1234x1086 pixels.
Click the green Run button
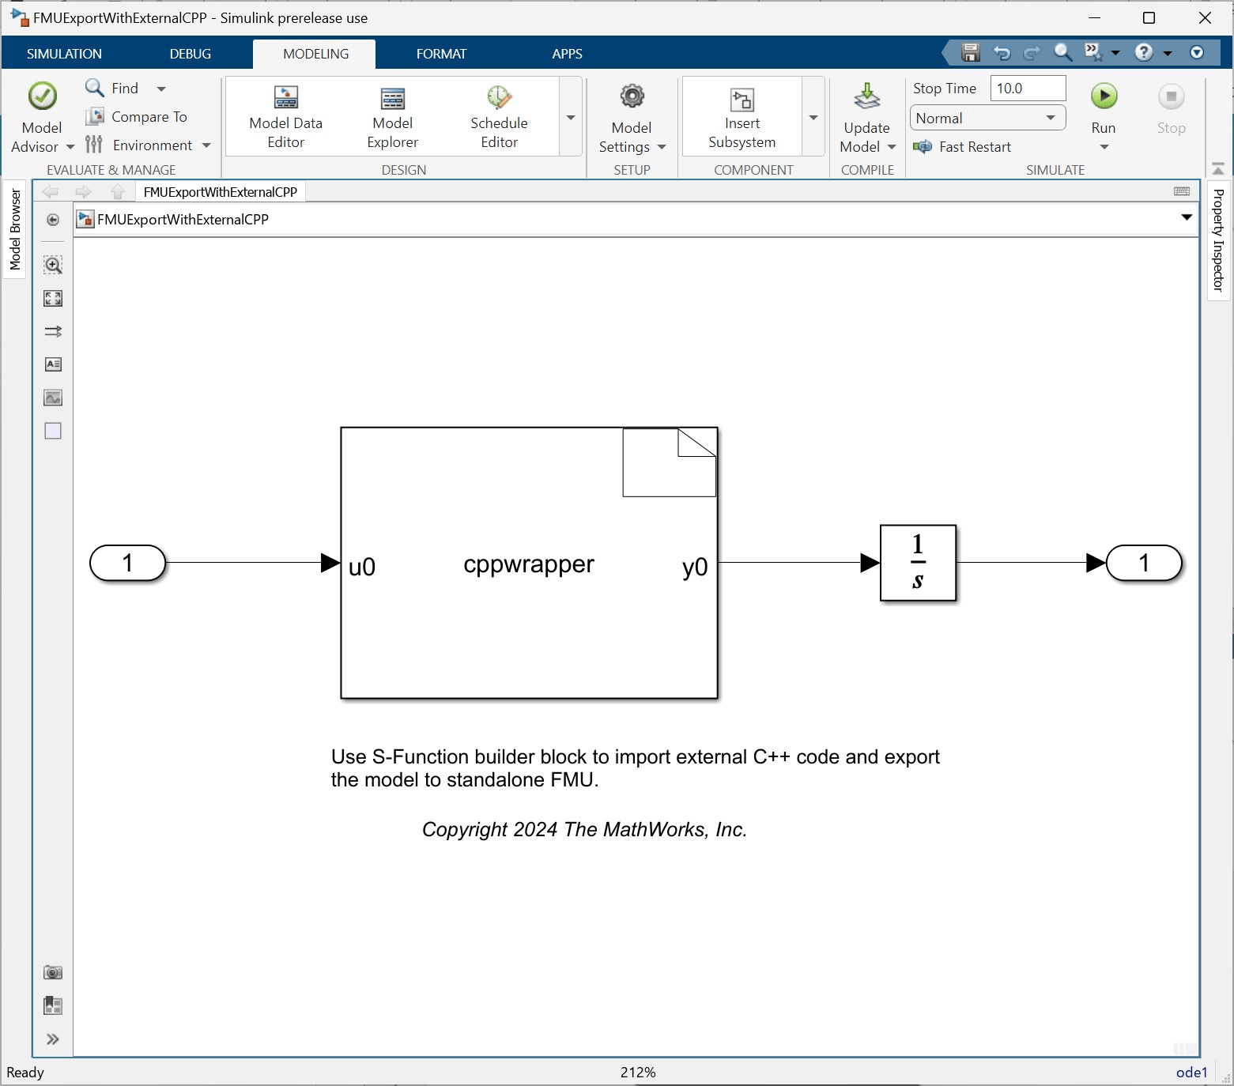[1104, 96]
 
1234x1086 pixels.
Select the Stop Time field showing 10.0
[1028, 89]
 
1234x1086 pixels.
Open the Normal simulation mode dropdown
[987, 119]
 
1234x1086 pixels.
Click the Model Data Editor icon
[285, 98]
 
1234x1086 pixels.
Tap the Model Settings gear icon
[632, 97]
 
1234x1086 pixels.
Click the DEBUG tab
[190, 54]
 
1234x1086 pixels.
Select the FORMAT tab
[441, 54]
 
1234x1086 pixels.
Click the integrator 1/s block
[918, 563]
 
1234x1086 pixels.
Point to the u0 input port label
[362, 567]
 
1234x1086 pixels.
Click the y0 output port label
[695, 567]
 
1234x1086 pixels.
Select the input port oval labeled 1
[128, 563]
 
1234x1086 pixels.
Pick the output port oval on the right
[1143, 563]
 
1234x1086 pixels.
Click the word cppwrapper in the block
[528, 564]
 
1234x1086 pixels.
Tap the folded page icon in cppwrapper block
[669, 462]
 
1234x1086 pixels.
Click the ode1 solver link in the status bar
[1191, 1072]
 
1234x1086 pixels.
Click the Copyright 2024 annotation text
[584, 829]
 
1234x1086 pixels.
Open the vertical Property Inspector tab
[1218, 240]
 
